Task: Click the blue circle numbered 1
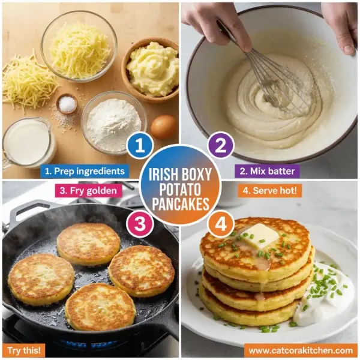tap(139, 145)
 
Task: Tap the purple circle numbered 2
tap(221, 145)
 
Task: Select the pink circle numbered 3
tap(139, 224)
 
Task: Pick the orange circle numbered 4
tap(220, 224)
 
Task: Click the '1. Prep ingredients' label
tap(83, 170)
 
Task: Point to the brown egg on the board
tap(163, 127)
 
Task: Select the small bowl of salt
tap(67, 104)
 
